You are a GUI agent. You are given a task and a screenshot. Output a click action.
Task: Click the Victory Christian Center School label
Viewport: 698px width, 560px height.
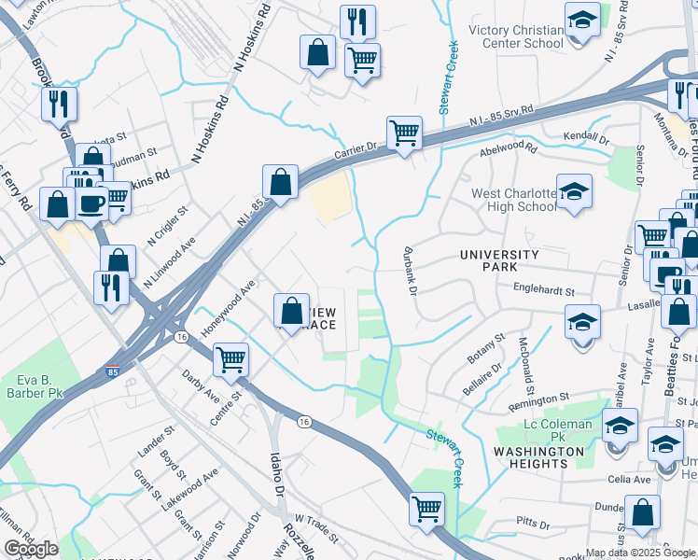click(516, 36)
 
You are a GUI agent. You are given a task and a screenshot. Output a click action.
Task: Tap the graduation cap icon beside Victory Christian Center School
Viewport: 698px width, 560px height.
click(582, 21)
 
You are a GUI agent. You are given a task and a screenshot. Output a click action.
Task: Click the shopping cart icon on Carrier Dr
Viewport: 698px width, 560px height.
click(404, 133)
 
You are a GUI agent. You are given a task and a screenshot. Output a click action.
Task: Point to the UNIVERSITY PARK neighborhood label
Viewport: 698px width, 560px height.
click(499, 260)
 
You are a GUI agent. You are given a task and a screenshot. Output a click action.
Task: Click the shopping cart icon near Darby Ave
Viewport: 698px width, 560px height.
click(230, 358)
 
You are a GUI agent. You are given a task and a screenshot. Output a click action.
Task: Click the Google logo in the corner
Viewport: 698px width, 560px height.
click(31, 549)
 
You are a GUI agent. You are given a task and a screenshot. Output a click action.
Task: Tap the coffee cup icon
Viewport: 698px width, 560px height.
click(91, 203)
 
